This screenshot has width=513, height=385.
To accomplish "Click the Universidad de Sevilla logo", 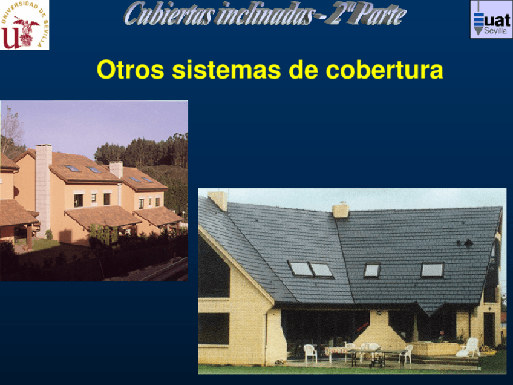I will [24, 24].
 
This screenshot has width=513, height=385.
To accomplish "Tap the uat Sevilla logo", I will [491, 19].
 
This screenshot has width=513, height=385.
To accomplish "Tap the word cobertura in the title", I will [384, 70].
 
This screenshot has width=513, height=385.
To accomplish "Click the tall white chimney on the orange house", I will [44, 182].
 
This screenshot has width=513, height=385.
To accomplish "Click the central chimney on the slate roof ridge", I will [341, 209].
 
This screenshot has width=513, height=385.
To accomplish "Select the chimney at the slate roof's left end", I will [218, 200].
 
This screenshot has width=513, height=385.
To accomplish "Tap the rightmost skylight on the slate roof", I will [432, 270].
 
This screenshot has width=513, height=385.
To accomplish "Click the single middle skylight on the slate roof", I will [371, 270].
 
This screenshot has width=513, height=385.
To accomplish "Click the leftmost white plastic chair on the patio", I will [310, 353].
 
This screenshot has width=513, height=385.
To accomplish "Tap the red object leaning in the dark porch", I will [362, 327].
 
